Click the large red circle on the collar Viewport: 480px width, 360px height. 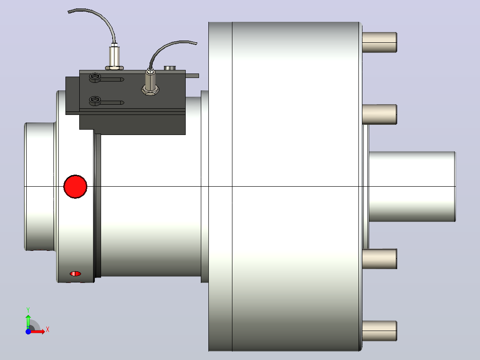[75, 187]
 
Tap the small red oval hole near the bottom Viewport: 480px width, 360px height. [75, 274]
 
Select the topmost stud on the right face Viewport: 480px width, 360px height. [379, 42]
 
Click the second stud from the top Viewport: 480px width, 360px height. [379, 114]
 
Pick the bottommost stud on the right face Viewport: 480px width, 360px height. [379, 331]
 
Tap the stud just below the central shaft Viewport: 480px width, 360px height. [379, 259]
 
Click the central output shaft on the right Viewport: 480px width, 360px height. [412, 187]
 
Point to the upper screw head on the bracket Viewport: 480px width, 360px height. [94, 77]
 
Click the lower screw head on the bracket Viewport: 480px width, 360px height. [94, 100]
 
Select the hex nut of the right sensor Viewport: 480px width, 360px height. [150, 90]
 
